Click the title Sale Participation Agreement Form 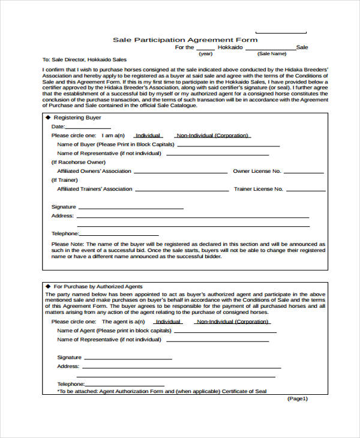point(185,40)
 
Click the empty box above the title point(281,30)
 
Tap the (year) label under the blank point(206,53)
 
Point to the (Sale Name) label point(272,53)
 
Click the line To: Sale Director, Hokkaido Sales point(85,60)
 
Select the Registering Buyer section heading point(77,118)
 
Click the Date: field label point(58,127)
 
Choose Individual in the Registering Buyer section point(148,136)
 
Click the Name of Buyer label point(115,145)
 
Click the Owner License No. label point(257,171)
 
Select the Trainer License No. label point(258,189)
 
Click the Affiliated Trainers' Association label point(94,189)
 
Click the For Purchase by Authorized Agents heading point(98,287)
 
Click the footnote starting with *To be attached point(162,391)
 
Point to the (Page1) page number point(298,398)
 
